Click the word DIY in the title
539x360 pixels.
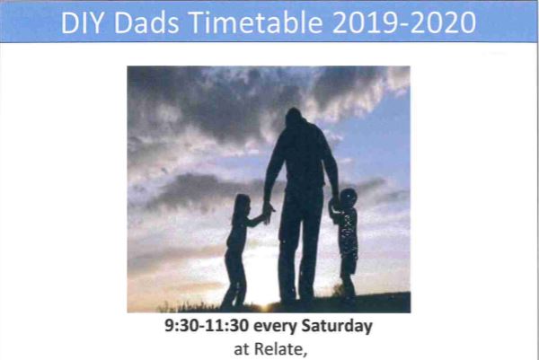[82, 22]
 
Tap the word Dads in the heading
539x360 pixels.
[146, 22]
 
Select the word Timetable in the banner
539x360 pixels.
[256, 22]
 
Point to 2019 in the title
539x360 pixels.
[366, 22]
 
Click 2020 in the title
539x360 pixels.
[443, 22]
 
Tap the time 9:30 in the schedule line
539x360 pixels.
[181, 326]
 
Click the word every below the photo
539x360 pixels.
[275, 327]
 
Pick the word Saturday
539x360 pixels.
[337, 327]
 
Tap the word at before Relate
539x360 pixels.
[242, 350]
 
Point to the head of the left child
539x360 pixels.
[242, 205]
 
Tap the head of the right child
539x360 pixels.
[348, 198]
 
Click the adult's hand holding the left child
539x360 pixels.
[268, 211]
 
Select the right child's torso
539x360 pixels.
[347, 230]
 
